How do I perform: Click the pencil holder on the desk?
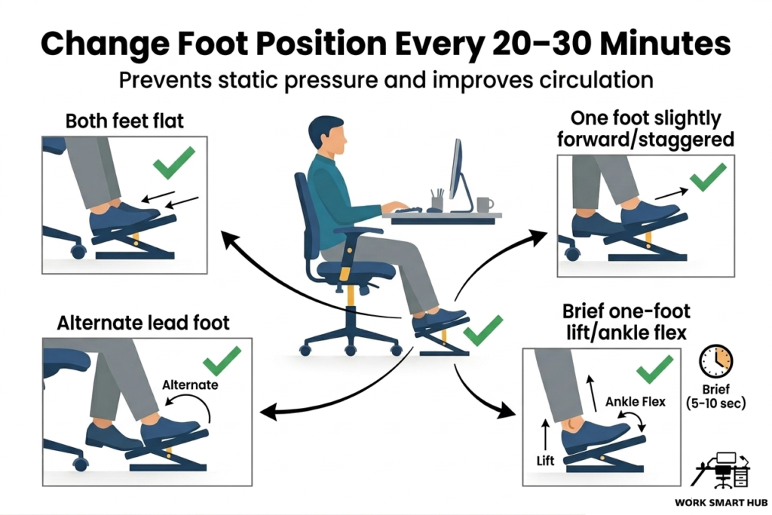click(x=437, y=202)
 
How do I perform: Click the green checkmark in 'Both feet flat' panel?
click(x=173, y=161)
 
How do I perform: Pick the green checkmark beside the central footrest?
click(x=482, y=330)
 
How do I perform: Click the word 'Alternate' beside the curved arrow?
click(x=190, y=385)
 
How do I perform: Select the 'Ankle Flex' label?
click(x=636, y=402)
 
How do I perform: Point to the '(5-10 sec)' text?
click(x=717, y=403)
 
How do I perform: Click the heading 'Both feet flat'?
click(x=124, y=121)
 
